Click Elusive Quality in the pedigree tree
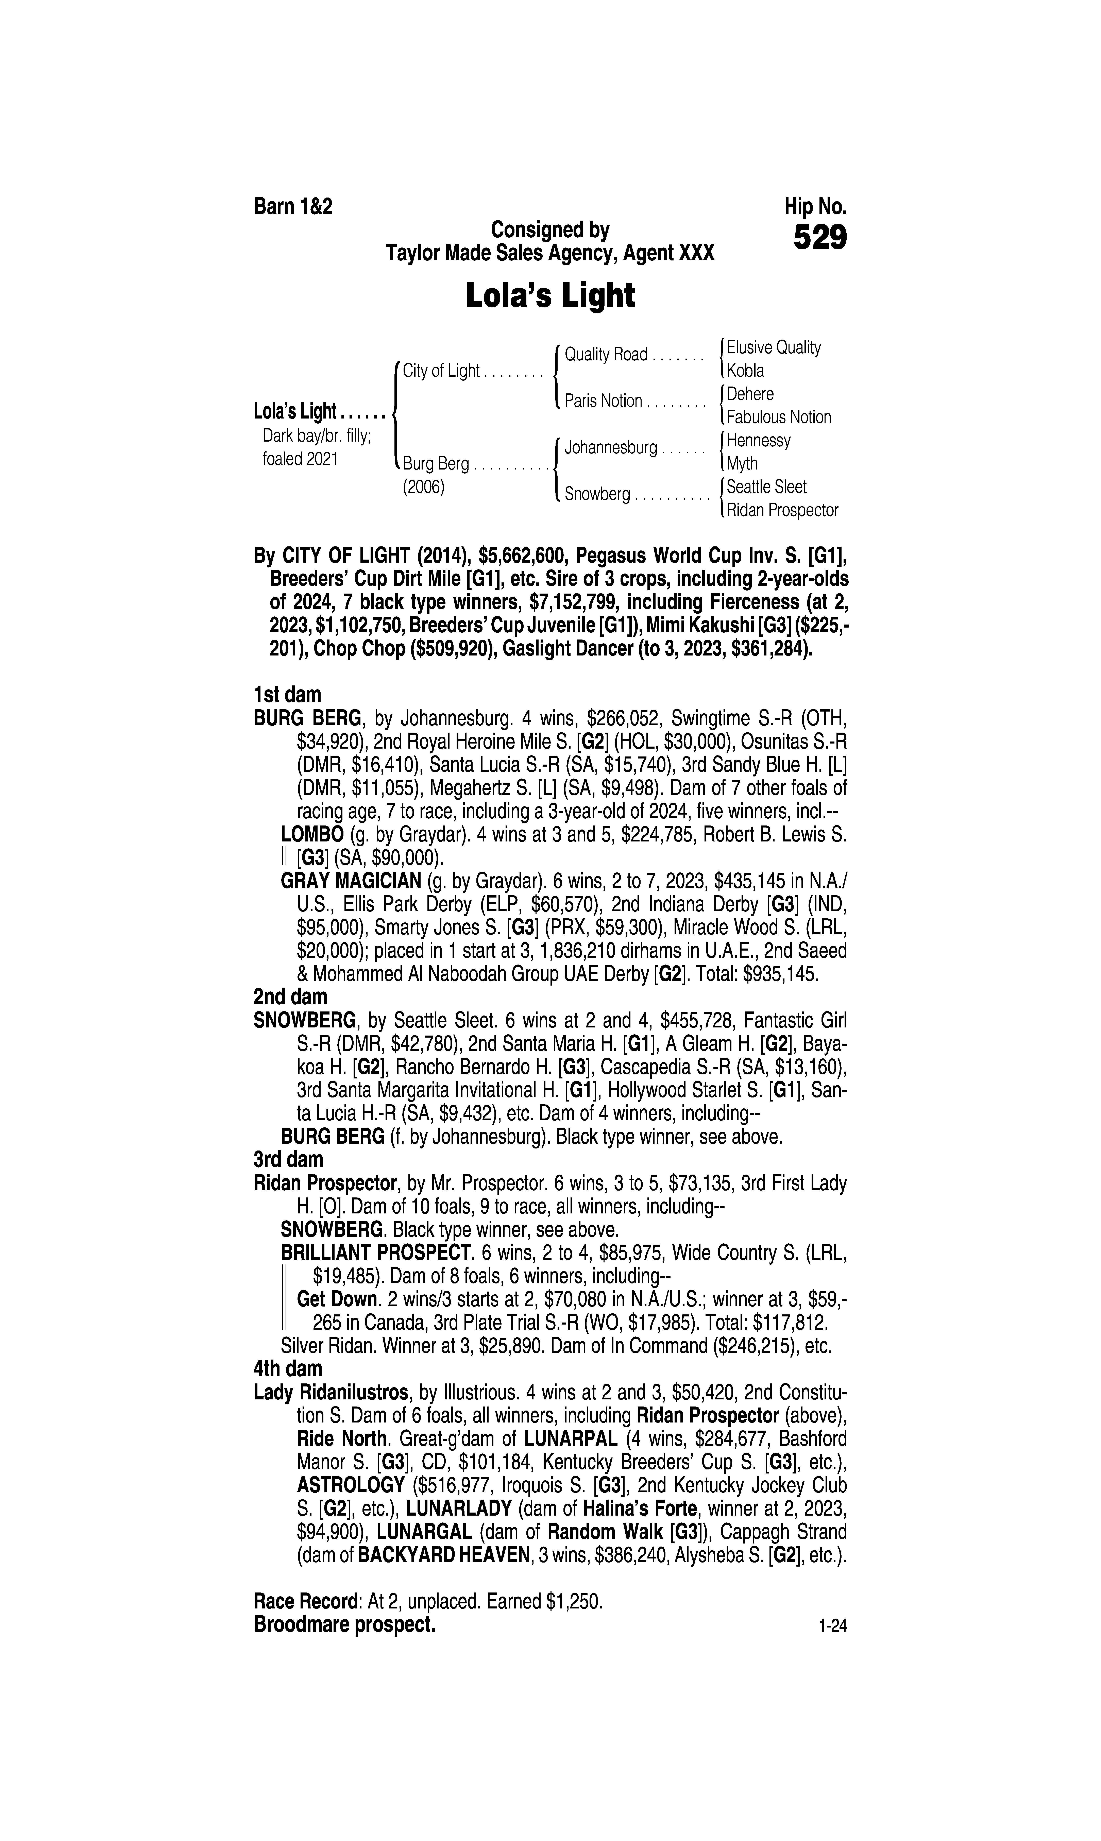tap(773, 348)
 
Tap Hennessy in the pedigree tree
tap(758, 441)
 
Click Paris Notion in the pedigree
tap(603, 401)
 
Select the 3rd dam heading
tap(289, 1159)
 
